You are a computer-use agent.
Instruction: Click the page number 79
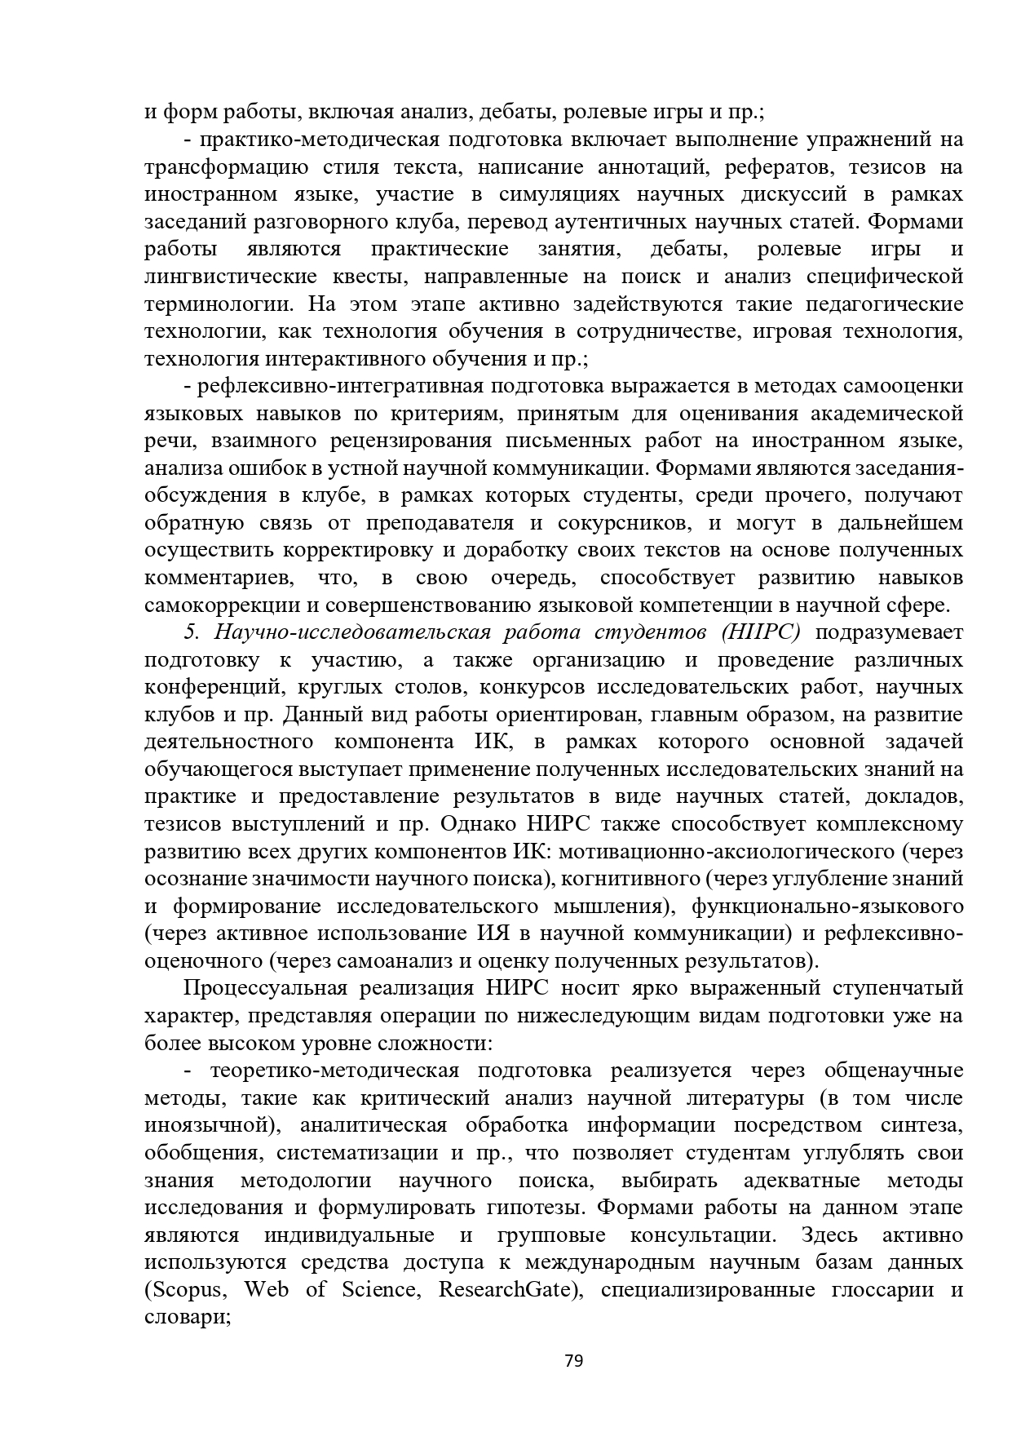[573, 1360]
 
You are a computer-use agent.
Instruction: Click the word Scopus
[190, 1289]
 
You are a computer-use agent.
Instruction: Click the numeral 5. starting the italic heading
[191, 632]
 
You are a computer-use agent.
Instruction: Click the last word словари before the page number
[186, 1317]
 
